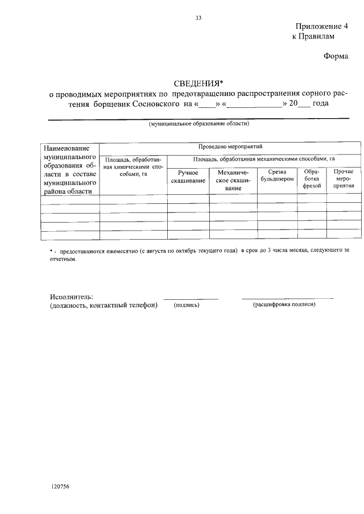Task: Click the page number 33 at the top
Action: (198, 18)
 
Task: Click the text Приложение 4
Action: (321, 27)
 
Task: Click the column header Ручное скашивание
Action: (188, 176)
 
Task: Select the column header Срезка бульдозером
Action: (277, 175)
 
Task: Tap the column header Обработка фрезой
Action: (312, 178)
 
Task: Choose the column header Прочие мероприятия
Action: (344, 178)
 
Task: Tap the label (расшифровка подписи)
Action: (284, 305)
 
